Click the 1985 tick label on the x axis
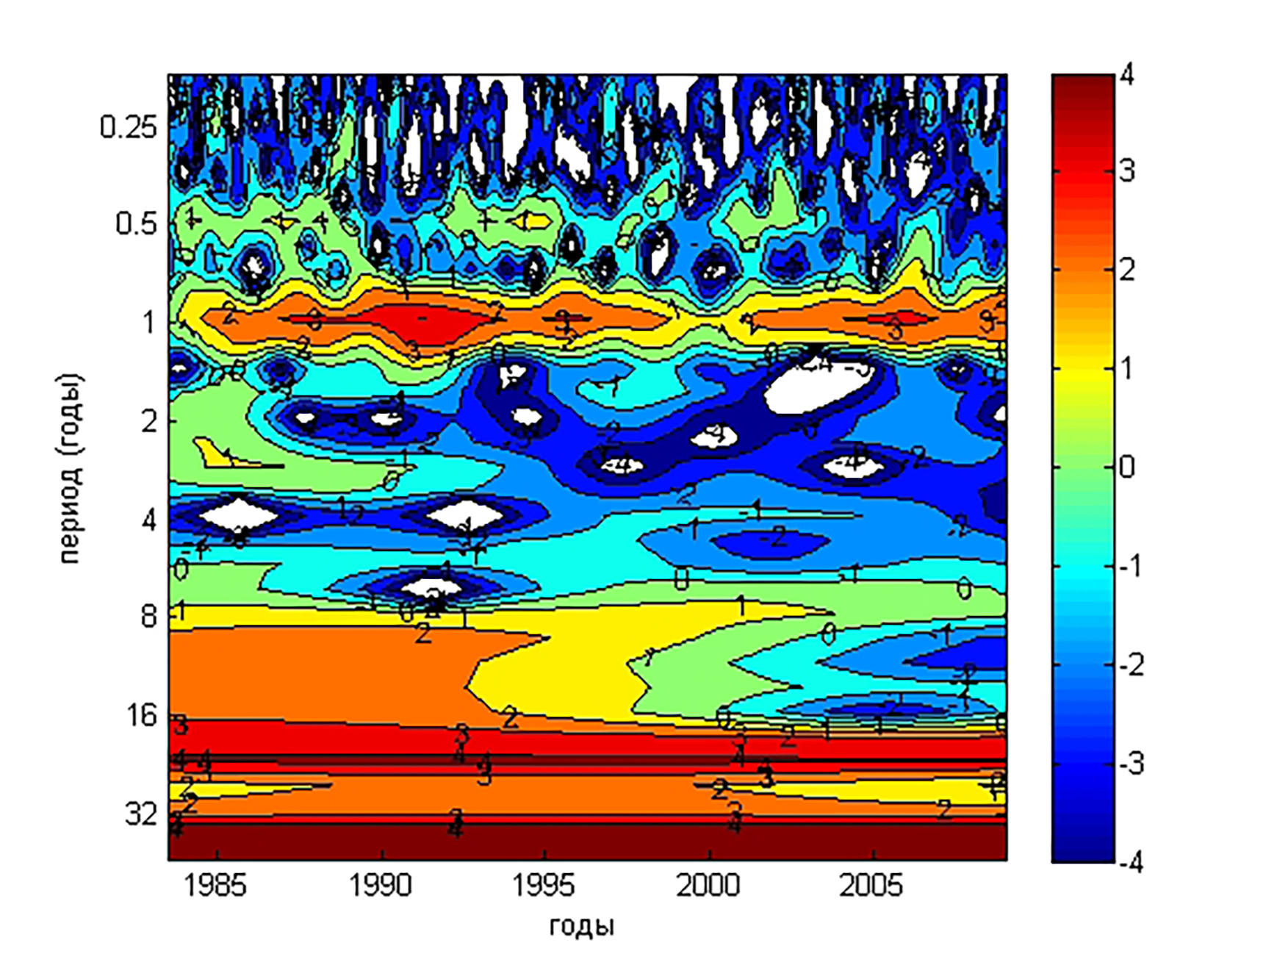coord(215,886)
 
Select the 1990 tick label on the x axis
coord(380,886)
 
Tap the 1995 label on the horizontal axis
coord(544,886)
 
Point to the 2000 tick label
coord(708,886)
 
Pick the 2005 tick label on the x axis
coord(871,886)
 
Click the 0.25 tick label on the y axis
coord(129,128)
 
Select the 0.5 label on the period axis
coord(137,223)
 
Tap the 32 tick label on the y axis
coord(141,814)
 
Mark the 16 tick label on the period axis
coord(143,715)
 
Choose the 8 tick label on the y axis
coord(149,616)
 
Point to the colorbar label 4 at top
coord(1126,75)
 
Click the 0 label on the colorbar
coord(1126,467)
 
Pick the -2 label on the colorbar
coord(1132,665)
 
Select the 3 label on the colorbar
coord(1127,172)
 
